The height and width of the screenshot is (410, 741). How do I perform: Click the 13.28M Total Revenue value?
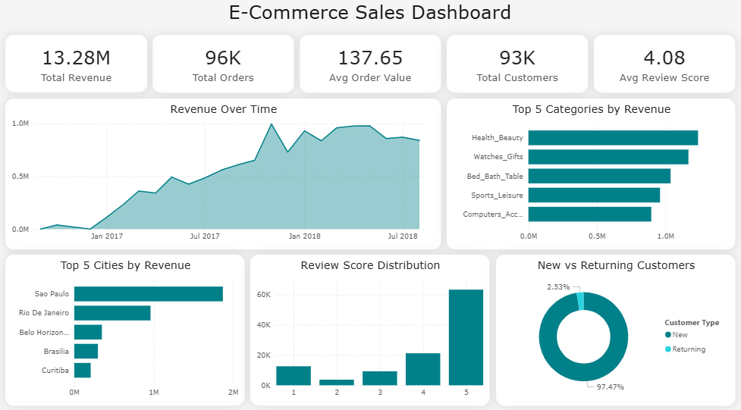pyautogui.click(x=76, y=58)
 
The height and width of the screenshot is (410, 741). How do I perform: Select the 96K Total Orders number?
pyautogui.click(x=223, y=58)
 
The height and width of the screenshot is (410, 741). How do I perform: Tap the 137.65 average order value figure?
pyautogui.click(x=370, y=58)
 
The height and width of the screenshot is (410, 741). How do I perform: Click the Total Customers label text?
pyautogui.click(x=517, y=78)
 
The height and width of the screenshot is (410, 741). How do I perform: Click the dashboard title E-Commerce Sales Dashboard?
pyautogui.click(x=370, y=13)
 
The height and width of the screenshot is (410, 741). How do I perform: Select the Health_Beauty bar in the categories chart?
pyautogui.click(x=613, y=137)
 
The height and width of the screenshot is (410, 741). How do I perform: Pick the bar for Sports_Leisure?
pyautogui.click(x=594, y=195)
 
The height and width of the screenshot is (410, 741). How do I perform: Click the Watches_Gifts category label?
pyautogui.click(x=498, y=157)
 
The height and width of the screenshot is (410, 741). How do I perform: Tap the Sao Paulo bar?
pyautogui.click(x=148, y=293)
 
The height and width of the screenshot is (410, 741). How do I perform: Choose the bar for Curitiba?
pyautogui.click(x=82, y=370)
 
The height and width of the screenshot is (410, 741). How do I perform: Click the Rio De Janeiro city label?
pyautogui.click(x=43, y=312)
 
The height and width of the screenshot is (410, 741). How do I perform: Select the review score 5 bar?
pyautogui.click(x=465, y=337)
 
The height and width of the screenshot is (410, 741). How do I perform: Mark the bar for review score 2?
pyautogui.click(x=335, y=382)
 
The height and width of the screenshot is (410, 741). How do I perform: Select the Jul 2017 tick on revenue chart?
pyautogui.click(x=205, y=236)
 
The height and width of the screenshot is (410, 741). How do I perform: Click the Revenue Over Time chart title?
pyautogui.click(x=223, y=109)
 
